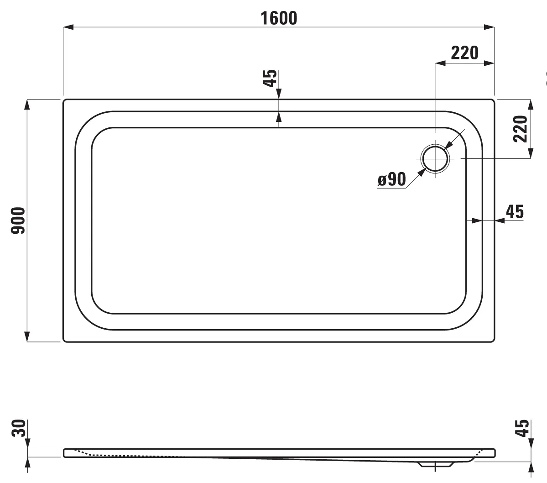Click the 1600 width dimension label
coord(279,18)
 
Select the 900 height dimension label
coord(18,220)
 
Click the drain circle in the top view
coord(435,158)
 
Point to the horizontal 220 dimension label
coord(464,53)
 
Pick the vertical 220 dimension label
coord(521,128)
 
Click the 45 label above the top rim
coord(271,78)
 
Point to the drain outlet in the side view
coord(436,465)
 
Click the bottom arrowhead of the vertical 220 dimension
coord(530,153)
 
